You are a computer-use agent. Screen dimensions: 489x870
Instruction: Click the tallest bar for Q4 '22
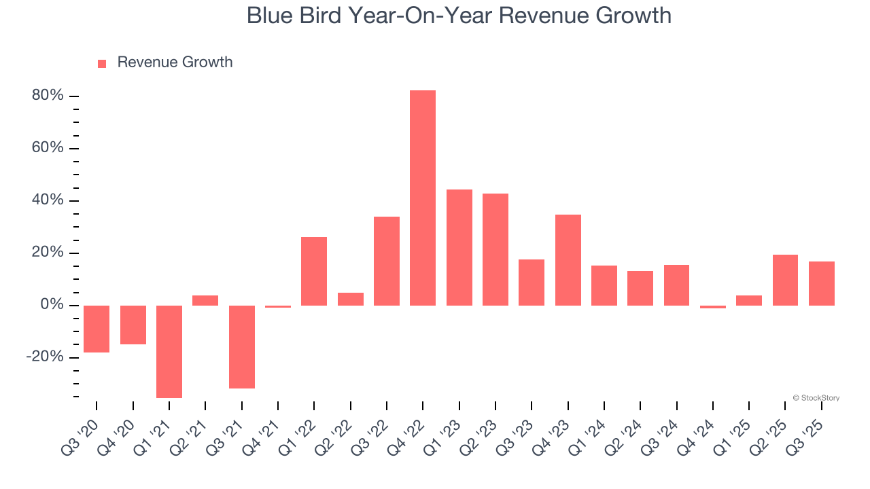click(x=423, y=198)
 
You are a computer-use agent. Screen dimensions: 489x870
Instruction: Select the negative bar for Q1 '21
click(x=169, y=351)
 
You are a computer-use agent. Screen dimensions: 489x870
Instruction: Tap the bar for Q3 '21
click(x=242, y=346)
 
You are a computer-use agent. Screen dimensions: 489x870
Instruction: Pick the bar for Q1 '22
click(x=314, y=271)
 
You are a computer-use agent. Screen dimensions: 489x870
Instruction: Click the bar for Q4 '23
click(x=568, y=259)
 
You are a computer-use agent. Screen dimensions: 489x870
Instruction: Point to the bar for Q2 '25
click(x=785, y=280)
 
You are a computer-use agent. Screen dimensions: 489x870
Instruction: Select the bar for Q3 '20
click(x=97, y=329)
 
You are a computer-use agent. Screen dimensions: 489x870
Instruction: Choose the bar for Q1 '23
click(x=459, y=247)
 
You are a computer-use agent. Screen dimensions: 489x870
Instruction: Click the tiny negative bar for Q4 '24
click(x=713, y=307)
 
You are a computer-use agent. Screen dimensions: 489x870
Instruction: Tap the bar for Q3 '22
click(x=387, y=261)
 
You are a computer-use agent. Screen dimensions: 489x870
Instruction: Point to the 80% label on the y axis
click(x=48, y=96)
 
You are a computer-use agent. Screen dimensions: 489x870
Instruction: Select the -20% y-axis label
click(x=45, y=357)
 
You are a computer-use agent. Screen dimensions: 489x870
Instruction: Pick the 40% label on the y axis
click(x=48, y=200)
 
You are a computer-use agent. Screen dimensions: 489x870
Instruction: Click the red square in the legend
click(x=102, y=63)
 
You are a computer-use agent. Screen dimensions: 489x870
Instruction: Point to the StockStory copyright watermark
click(x=816, y=398)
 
